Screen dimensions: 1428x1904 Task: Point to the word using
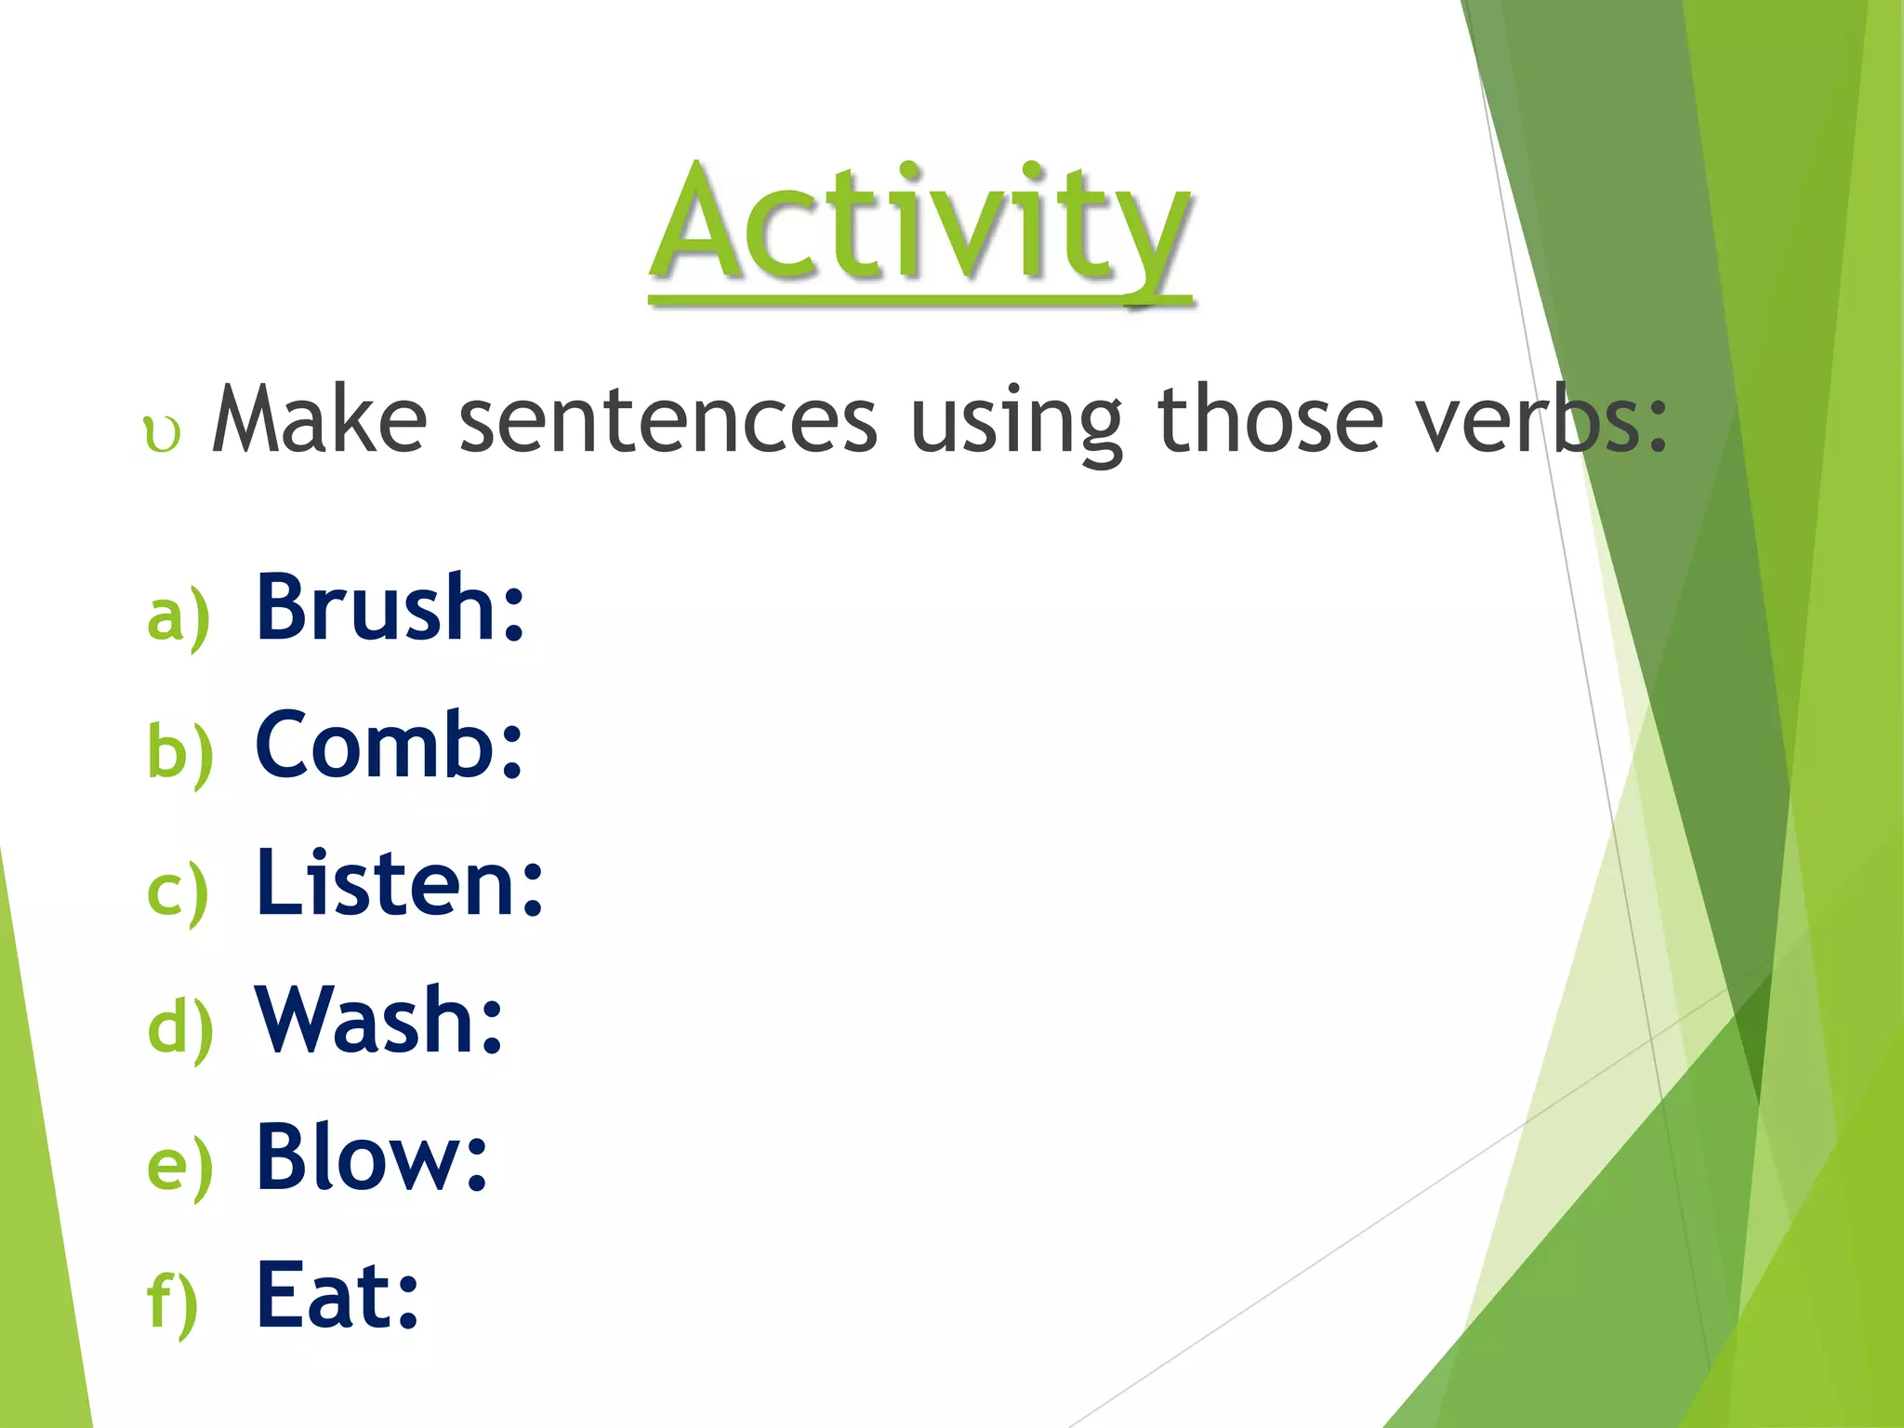(x=1016, y=424)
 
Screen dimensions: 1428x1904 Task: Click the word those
(x=1269, y=420)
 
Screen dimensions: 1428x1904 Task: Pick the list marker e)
(x=179, y=1168)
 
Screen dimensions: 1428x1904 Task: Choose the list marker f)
(x=173, y=1303)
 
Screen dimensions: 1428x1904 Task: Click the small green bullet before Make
(x=162, y=435)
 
